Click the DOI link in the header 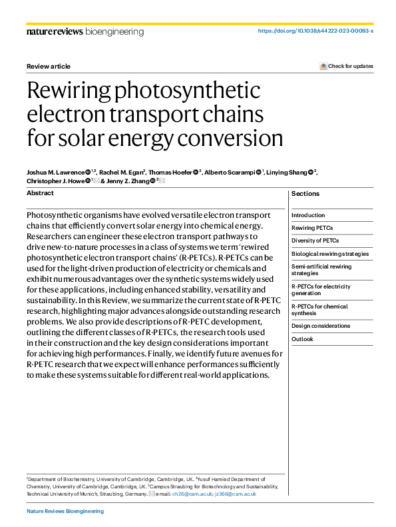[315, 31]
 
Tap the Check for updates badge [347, 66]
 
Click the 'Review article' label [48, 66]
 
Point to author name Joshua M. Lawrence [55, 173]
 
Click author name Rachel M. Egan [121, 173]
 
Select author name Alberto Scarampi [228, 173]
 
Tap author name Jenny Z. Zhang [127, 181]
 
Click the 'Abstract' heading [40, 193]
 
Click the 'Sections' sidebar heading [305, 194]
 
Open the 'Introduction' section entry [308, 215]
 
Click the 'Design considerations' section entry [321, 326]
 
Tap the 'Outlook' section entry [302, 339]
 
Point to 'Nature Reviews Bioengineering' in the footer [65, 511]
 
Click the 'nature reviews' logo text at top [55, 31]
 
